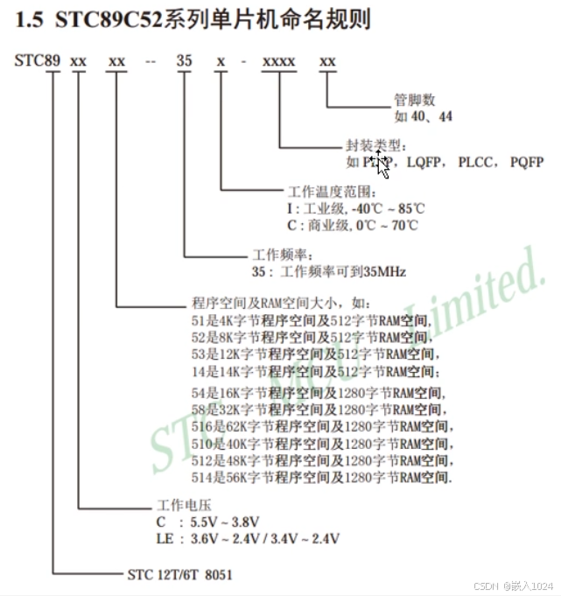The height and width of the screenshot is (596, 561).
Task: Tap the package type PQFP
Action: pos(527,162)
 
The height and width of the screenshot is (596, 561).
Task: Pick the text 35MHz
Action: pos(385,271)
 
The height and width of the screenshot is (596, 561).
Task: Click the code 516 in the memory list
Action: pos(202,426)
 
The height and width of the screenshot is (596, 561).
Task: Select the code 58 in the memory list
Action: pos(199,410)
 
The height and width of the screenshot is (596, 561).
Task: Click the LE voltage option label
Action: pos(164,538)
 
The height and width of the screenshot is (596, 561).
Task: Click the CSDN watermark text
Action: pos(486,585)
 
